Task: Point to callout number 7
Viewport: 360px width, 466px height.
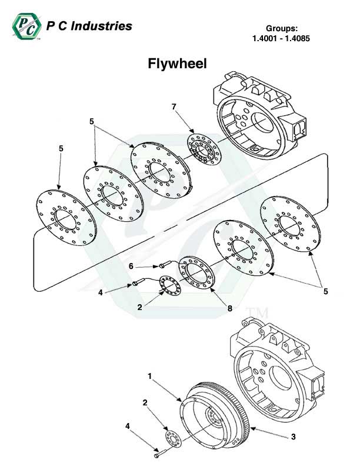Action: coord(174,106)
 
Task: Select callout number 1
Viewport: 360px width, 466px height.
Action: coord(150,374)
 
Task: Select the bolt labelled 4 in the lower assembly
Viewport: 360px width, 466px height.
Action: coord(156,454)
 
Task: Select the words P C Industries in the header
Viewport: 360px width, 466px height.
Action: coord(89,26)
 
